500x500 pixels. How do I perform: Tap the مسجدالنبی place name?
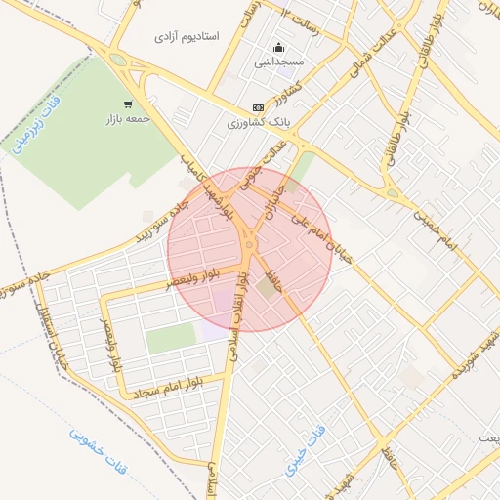tap(280, 62)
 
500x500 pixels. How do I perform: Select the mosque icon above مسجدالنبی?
tap(280, 47)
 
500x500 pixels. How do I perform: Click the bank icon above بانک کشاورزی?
tap(258, 107)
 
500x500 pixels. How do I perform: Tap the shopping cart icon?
tap(128, 104)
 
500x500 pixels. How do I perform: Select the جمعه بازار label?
tap(127, 120)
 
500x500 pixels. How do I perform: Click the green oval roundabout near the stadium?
tap(118, 60)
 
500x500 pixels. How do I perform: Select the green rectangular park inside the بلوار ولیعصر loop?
tap(172, 339)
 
